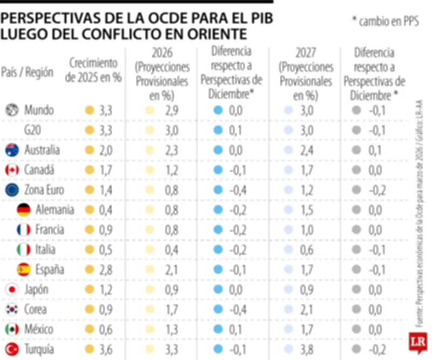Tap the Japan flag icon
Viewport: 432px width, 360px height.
12,289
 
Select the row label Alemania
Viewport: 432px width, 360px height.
54,210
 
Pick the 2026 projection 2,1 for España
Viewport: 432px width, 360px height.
171,269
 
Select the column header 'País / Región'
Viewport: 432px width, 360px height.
28,72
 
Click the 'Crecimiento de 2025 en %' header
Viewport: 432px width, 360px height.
93,70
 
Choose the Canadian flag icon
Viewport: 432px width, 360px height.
12,170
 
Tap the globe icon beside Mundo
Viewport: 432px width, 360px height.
12,110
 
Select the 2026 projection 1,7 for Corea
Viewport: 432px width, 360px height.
171,309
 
